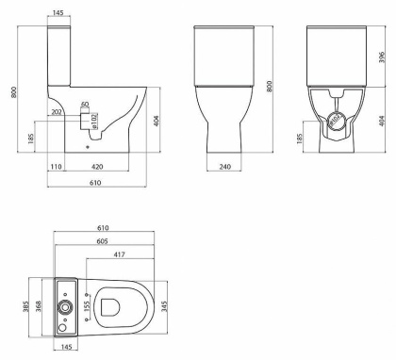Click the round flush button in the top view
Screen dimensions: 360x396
[64, 307]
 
